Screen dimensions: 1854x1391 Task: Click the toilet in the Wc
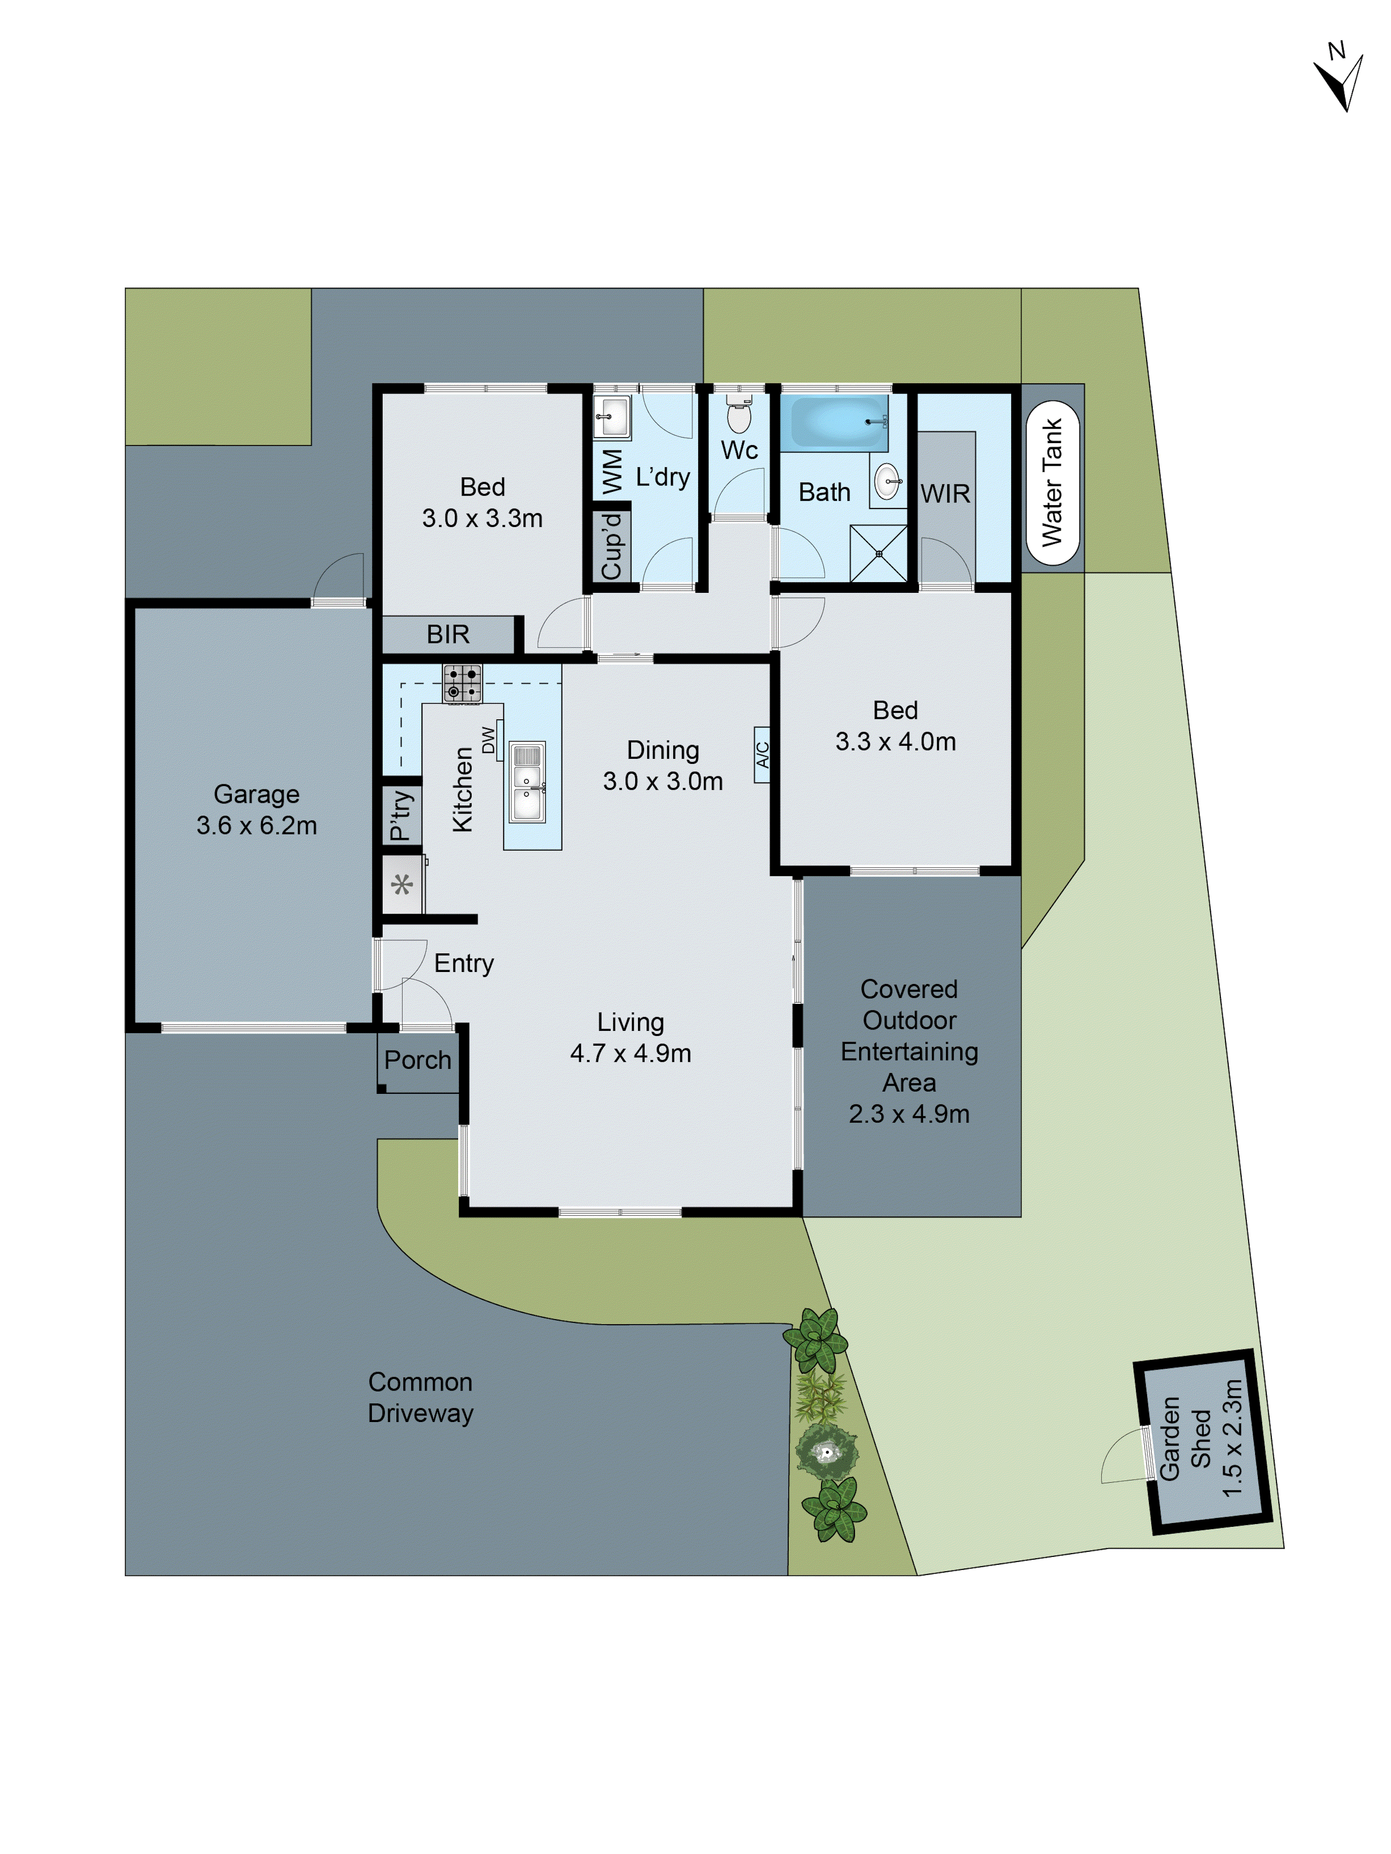point(738,416)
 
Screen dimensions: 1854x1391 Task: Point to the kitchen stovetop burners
point(462,682)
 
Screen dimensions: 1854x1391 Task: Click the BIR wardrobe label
point(448,635)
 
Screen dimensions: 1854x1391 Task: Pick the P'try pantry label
point(401,815)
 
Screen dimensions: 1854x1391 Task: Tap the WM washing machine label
point(611,471)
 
